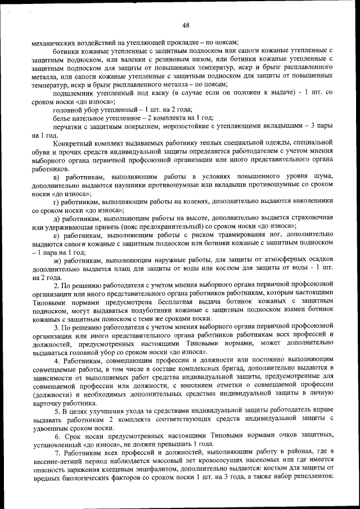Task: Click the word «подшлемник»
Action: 73,93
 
